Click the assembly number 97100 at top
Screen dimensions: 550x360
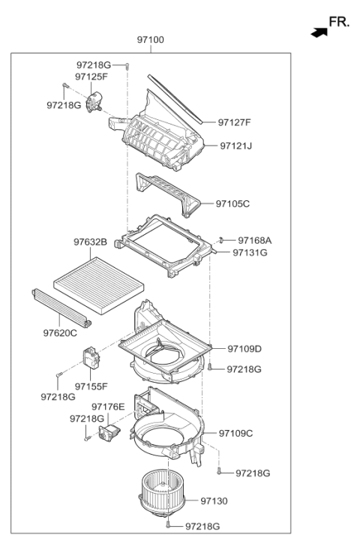click(151, 40)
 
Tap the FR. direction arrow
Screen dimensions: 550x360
click(319, 32)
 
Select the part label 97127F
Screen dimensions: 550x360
click(235, 122)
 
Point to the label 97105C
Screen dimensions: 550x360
click(232, 203)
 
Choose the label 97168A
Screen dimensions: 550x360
click(255, 240)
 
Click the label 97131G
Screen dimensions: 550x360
click(250, 253)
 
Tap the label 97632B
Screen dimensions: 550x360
click(91, 242)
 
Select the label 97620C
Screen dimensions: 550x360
click(60, 332)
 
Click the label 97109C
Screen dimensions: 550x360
click(236, 434)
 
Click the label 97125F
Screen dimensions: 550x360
click(91, 77)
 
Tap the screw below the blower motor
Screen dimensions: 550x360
click(170, 526)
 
